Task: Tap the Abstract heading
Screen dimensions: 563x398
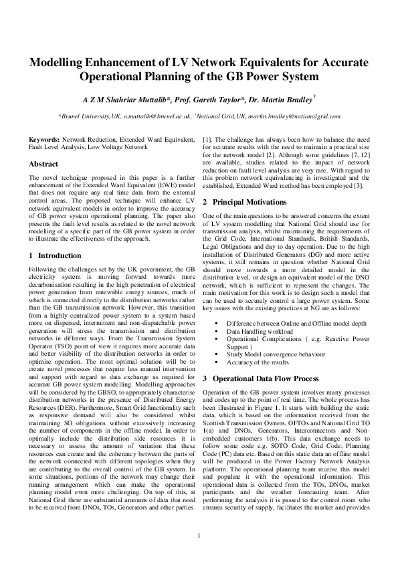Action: (44, 164)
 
